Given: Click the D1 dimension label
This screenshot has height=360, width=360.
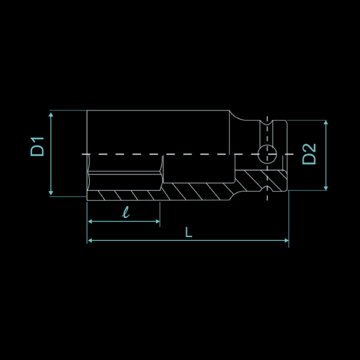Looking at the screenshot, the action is pos(37,147).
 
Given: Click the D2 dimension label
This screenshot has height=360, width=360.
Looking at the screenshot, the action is pos(309,154).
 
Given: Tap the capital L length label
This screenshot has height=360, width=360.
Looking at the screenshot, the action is pos(189,232).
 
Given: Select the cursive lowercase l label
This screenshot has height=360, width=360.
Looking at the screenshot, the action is pos(126,212).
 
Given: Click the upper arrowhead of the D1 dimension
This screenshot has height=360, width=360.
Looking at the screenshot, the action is pos(51,114).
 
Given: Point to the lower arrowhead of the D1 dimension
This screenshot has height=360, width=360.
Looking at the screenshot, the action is pos(51,193).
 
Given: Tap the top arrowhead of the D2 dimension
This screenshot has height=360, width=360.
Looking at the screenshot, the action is pos(326,122).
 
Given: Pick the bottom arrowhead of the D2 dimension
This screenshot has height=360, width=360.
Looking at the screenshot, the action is pos(326,188).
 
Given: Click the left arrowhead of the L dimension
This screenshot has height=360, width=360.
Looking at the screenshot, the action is pos(90,240).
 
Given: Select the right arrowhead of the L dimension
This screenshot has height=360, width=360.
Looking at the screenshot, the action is pos(287,240).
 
